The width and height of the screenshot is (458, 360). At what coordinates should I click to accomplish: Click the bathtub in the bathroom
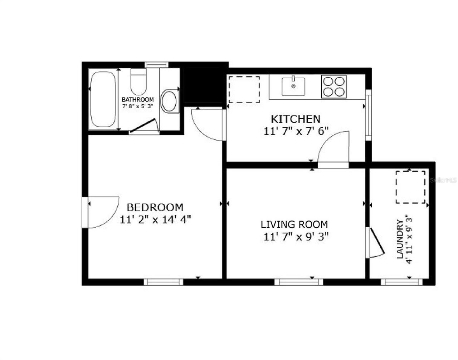point(103,99)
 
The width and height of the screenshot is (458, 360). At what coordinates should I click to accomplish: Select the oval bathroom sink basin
point(169,101)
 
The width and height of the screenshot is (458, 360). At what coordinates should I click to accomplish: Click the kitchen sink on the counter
point(293,87)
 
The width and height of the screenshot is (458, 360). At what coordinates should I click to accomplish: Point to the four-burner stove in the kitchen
point(334,87)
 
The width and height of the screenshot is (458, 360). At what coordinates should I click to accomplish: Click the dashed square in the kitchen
point(244,89)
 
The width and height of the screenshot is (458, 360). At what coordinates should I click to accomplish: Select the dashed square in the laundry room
point(410,187)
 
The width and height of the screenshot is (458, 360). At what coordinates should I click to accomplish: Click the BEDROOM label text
point(155,207)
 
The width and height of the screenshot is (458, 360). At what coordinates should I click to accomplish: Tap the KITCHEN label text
point(295,119)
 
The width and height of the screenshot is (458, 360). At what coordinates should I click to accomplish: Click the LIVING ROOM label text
point(294,225)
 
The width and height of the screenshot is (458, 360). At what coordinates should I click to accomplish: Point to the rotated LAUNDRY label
point(400,239)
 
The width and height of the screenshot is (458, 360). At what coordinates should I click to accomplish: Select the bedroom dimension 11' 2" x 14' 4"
point(155,219)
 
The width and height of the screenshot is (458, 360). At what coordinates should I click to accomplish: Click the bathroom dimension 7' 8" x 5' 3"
point(138,106)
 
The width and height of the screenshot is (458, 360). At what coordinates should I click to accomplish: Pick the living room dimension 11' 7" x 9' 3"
point(296,237)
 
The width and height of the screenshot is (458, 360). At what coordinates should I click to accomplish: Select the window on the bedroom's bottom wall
point(164,282)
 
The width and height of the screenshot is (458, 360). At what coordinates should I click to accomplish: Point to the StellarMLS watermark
point(443,181)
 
